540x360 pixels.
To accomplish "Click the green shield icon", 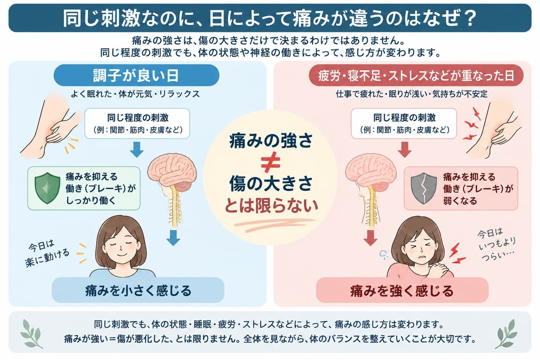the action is click(x=47, y=188).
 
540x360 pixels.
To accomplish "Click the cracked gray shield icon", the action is click(x=424, y=188).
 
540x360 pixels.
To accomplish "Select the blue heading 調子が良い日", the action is click(x=136, y=76).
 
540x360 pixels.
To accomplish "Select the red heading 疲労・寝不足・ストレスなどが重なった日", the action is click(x=416, y=76).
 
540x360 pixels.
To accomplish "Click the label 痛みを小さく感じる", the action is click(x=138, y=290).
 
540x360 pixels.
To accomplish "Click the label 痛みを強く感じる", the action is click(x=402, y=291).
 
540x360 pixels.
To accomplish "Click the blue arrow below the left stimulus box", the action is click(x=137, y=149).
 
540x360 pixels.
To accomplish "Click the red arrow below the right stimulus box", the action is click(x=405, y=149).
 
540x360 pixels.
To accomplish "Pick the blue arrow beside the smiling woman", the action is click(x=173, y=238).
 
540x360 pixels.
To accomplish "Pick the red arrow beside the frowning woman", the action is click(x=370, y=238).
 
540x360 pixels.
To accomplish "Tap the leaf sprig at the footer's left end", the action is click(x=31, y=334).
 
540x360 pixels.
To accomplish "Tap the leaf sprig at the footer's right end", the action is click(x=507, y=334).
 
